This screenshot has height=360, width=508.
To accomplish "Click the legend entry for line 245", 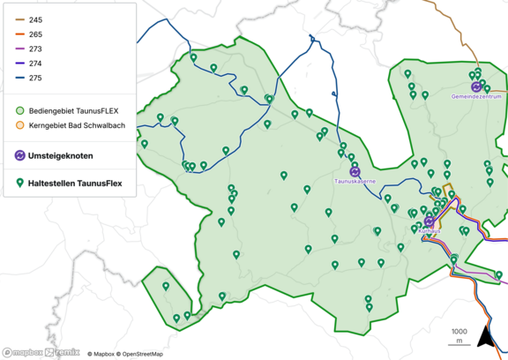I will coord(34,19).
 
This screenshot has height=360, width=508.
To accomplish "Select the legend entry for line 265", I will coord(34,34).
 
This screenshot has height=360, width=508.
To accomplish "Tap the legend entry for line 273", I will coord(34,49).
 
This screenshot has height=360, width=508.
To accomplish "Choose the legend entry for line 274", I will coord(34,64).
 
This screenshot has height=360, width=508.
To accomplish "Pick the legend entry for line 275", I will coord(34,79).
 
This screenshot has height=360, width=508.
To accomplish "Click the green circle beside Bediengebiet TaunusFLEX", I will coord(20,111).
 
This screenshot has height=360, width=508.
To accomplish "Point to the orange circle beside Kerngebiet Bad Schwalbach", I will coord(20,126).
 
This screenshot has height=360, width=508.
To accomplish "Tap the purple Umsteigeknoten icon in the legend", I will coord(20,155).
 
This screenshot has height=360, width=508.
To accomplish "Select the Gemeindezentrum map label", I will coord(475,95).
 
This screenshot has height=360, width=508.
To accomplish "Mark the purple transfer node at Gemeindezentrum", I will coord(476,86).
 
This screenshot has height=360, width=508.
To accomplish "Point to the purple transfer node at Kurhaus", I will coord(429,221).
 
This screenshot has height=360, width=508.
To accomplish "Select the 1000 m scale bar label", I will coord(459,335).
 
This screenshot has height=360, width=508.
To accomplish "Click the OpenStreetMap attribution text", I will coord(143,354).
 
